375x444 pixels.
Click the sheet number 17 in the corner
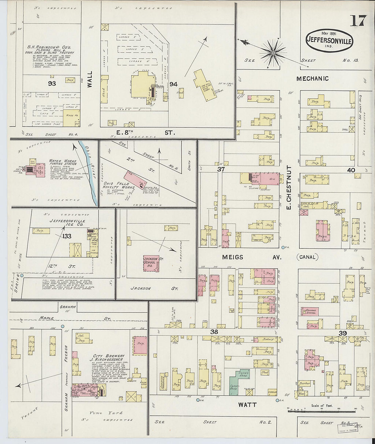358,21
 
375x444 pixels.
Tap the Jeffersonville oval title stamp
330,40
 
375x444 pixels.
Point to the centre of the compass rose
273,53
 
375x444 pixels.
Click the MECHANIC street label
312,79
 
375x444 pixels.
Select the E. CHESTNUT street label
289,187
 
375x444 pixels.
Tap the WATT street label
247,405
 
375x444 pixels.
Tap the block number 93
52,83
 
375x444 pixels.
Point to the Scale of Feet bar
316,411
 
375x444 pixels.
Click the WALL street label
90,80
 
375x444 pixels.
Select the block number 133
67,236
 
